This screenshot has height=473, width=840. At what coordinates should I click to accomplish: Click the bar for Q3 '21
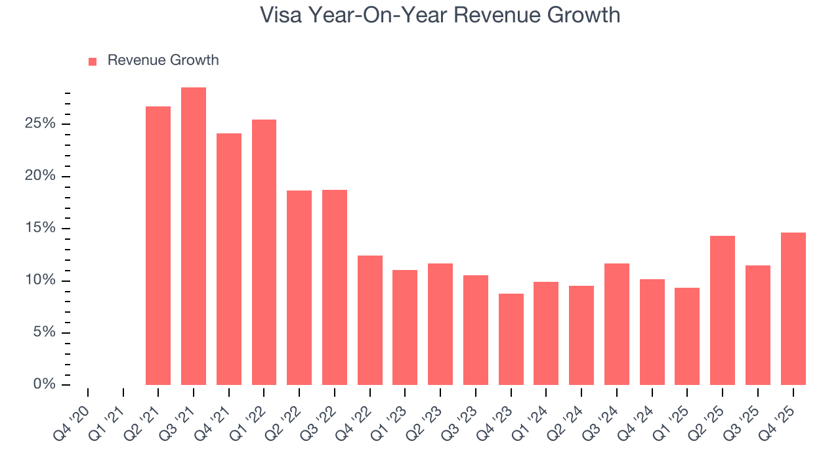pyautogui.click(x=194, y=236)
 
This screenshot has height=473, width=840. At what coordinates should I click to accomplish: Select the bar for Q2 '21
pyautogui.click(x=158, y=246)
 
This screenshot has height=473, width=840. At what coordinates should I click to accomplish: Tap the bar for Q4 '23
pyautogui.click(x=511, y=339)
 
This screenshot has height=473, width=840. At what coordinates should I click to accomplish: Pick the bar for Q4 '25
pyautogui.click(x=793, y=309)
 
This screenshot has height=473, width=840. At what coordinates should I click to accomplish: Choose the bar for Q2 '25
pyautogui.click(x=723, y=310)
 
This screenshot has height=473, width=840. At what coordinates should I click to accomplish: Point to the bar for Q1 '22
pyautogui.click(x=264, y=252)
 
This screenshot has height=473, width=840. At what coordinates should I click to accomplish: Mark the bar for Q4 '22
pyautogui.click(x=370, y=320)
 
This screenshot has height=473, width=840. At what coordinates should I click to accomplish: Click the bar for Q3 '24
pyautogui.click(x=617, y=324)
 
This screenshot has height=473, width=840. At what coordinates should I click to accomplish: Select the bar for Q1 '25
pyautogui.click(x=687, y=336)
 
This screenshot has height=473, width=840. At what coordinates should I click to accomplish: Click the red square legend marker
pyautogui.click(x=93, y=62)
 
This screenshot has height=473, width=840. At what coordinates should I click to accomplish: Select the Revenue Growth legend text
pyautogui.click(x=163, y=60)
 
